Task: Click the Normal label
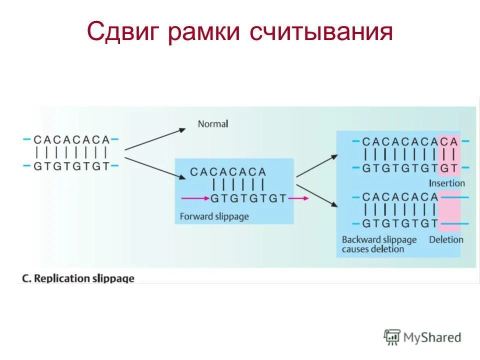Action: (212, 123)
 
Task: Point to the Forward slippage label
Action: (214, 216)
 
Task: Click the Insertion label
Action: (446, 183)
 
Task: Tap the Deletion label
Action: (446, 239)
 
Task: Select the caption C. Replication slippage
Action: (78, 278)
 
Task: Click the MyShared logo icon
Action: (392, 337)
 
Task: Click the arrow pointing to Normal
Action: (155, 138)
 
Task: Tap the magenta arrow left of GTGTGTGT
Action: (194, 198)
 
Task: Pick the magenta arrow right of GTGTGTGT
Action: (298, 198)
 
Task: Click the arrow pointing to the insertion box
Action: (317, 165)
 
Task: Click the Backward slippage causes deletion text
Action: (379, 244)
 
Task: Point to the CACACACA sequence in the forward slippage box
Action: (227, 172)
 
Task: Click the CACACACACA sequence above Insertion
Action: (410, 141)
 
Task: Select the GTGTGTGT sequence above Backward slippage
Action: (400, 223)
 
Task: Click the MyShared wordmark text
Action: (433, 337)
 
